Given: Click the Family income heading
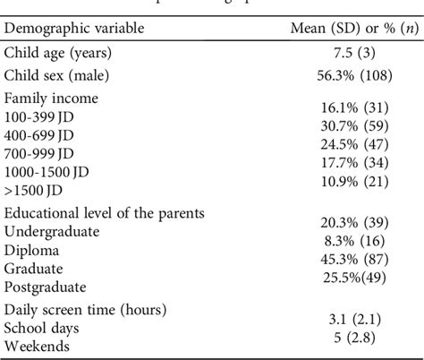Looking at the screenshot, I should [x=51, y=99].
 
